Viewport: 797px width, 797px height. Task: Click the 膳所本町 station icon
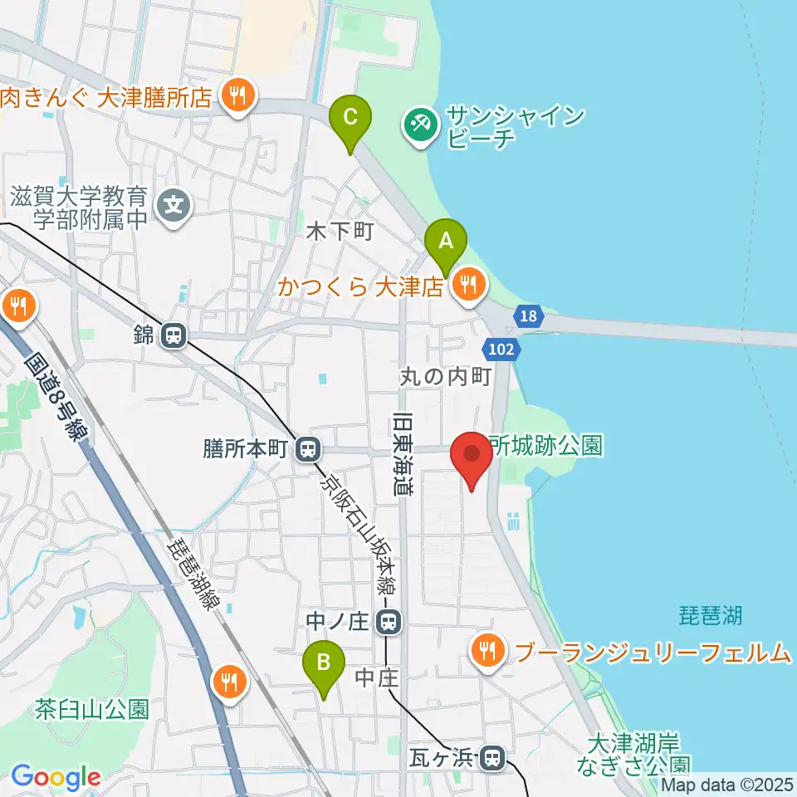pyautogui.click(x=307, y=450)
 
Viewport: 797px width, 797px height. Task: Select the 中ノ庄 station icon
pyautogui.click(x=386, y=620)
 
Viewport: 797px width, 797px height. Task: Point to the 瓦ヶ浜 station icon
pyautogui.click(x=493, y=757)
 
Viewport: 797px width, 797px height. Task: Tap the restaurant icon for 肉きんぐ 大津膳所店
pyautogui.click(x=238, y=99)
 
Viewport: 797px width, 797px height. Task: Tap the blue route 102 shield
pyautogui.click(x=501, y=349)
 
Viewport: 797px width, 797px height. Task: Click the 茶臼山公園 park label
pyautogui.click(x=92, y=709)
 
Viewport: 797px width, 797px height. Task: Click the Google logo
pyautogui.click(x=56, y=777)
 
